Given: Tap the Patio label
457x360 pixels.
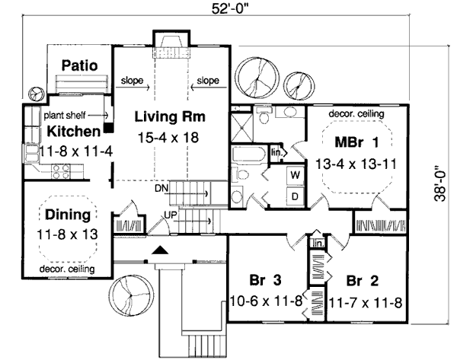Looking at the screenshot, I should [x=79, y=65].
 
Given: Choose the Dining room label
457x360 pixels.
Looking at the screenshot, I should [x=68, y=215].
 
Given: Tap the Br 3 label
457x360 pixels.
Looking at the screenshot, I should [x=264, y=278].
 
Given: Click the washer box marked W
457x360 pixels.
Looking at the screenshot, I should [x=293, y=176].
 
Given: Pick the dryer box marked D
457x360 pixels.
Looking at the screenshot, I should [x=293, y=196].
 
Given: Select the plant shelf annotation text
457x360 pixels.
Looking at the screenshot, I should [x=64, y=115].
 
